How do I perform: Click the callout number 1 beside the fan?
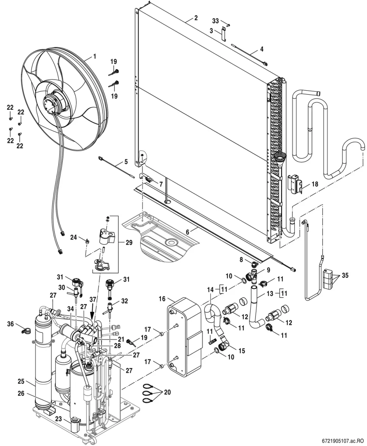point(95,57)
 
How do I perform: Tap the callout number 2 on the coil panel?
point(196,18)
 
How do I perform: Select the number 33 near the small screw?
point(215,21)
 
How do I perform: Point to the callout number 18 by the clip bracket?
point(315,184)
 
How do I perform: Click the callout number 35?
point(345,275)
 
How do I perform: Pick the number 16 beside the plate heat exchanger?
point(162,299)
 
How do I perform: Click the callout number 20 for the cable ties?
point(167,392)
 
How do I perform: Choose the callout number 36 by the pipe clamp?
point(10,324)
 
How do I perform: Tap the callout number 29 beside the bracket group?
point(129,243)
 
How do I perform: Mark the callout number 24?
point(73,237)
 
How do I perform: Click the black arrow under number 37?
point(92,312)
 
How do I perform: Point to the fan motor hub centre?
point(49,104)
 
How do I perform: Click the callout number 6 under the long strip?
point(187,232)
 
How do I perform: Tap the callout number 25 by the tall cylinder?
point(21,381)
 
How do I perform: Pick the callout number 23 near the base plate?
point(58,419)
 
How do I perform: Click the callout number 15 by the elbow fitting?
point(241,351)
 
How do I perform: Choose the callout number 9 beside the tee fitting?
point(268,270)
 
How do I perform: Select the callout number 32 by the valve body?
point(124,301)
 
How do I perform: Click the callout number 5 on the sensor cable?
point(126,162)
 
